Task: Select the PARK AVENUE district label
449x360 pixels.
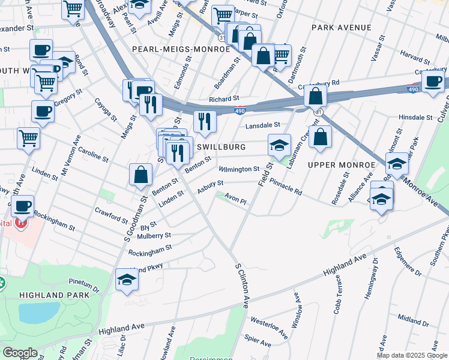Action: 342,28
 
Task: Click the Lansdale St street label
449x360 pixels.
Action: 263,125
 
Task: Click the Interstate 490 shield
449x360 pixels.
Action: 240,110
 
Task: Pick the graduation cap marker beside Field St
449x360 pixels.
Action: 279,145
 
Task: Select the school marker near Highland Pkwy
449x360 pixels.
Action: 126,279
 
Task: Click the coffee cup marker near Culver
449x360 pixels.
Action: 433,81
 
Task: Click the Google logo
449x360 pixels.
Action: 20,353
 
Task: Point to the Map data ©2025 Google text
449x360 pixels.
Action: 412,355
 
